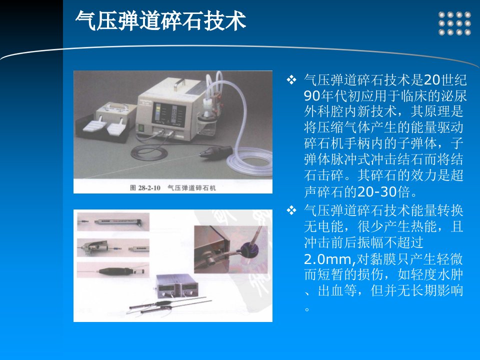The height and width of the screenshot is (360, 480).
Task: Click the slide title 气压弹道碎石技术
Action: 160,21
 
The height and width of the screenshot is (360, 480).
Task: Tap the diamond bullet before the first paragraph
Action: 291,80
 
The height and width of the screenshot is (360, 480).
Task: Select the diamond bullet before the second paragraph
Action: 291,210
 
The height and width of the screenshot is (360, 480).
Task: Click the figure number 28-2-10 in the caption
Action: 149,188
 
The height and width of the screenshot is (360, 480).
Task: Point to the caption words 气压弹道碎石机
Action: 191,188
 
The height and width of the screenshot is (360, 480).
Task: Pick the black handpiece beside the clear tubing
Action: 216,151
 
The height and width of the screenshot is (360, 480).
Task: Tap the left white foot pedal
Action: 94,125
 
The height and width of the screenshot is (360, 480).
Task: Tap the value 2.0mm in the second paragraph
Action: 329,259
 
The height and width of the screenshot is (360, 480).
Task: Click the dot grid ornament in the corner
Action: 454,23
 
